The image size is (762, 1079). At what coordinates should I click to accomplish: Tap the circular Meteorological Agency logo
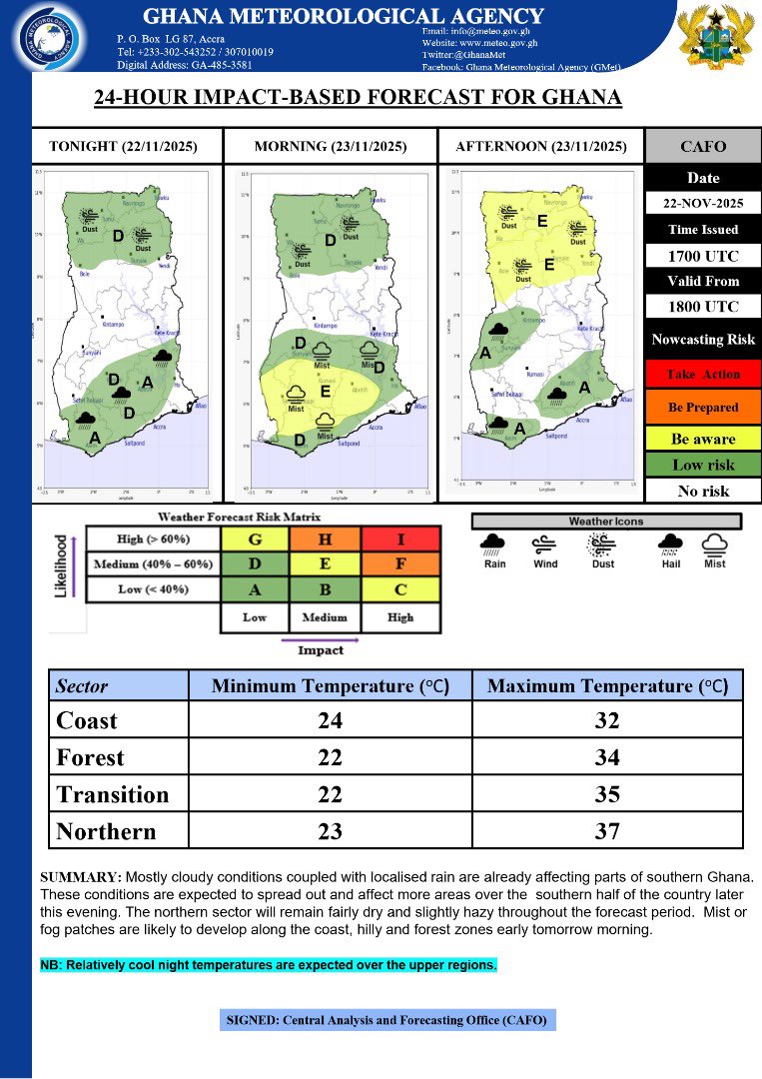(x=53, y=38)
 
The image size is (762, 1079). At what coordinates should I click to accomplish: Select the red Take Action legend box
(x=703, y=374)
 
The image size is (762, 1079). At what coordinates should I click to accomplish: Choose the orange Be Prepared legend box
(x=703, y=407)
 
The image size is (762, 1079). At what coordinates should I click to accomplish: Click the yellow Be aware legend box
(x=703, y=439)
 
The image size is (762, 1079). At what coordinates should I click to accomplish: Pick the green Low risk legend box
(x=703, y=465)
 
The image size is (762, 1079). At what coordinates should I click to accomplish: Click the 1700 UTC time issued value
(x=703, y=256)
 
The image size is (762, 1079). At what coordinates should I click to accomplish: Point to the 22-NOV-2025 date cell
(x=703, y=204)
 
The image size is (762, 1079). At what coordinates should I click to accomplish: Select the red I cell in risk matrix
(x=400, y=539)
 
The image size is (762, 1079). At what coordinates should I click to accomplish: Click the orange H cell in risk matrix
(x=327, y=539)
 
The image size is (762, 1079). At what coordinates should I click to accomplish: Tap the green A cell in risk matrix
(x=254, y=589)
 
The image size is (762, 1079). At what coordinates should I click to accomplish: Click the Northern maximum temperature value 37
(x=606, y=831)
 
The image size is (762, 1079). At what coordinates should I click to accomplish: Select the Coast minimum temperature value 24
(x=329, y=720)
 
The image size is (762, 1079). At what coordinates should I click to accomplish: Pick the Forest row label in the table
(x=90, y=757)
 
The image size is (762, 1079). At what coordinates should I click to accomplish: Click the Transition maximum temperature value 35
(x=606, y=794)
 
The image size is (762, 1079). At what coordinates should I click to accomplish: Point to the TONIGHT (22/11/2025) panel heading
(x=123, y=147)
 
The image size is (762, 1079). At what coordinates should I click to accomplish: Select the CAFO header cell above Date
(x=703, y=147)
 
